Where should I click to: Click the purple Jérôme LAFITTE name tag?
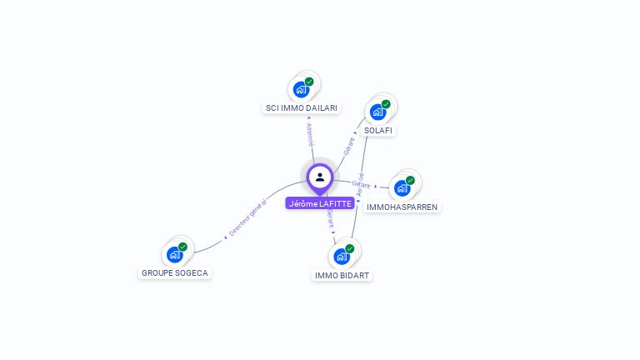[x=320, y=203]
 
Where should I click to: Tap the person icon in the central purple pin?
[x=320, y=177]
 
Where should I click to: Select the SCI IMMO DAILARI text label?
[x=301, y=108]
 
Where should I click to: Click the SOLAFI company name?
[x=379, y=131]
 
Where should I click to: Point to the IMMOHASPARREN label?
[x=402, y=207]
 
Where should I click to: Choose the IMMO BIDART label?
[x=342, y=275]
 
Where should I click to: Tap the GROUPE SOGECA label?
[x=175, y=272]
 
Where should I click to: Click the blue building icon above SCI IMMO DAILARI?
[x=301, y=89]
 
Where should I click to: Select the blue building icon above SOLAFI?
[x=377, y=112]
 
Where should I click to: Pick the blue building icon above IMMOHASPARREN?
[x=402, y=187]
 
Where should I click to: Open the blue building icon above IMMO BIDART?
[x=342, y=256]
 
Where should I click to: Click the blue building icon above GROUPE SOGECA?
[x=174, y=254]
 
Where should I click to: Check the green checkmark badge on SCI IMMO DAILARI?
[x=309, y=82]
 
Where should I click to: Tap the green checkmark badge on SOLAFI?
[x=386, y=104]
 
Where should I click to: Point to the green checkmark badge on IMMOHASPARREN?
[x=410, y=180]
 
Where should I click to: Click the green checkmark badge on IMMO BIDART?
[x=350, y=248]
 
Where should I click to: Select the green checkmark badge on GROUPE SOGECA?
[x=182, y=247]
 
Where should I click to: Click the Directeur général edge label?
[x=247, y=218]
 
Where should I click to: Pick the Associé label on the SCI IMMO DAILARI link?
[x=310, y=137]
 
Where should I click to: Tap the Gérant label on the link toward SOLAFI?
[x=349, y=146]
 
